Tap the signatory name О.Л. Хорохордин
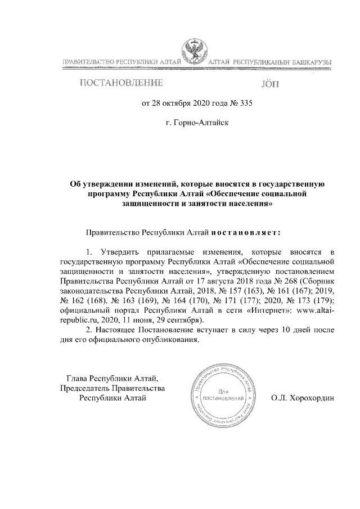pyautogui.click(x=303, y=398)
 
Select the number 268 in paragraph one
pyautogui.click(x=290, y=281)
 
